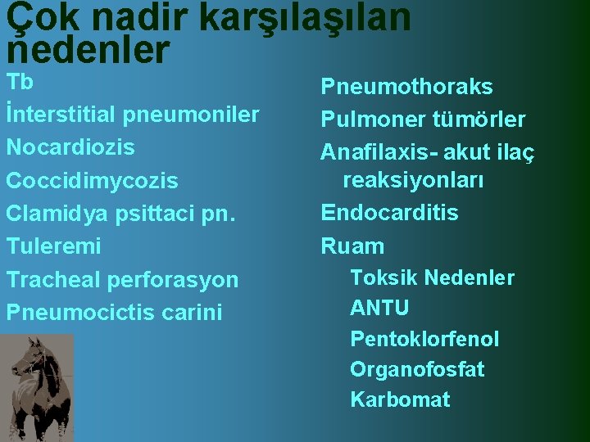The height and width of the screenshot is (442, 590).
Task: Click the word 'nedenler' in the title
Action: pyautogui.click(x=88, y=51)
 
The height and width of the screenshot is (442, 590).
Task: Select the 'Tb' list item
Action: pyautogui.click(x=19, y=83)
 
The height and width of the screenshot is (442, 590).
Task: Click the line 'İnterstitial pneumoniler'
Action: pyautogui.click(x=132, y=115)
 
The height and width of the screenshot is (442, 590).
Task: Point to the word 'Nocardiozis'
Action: pyautogui.click(x=70, y=147)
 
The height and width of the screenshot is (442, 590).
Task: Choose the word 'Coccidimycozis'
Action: pyautogui.click(x=92, y=180)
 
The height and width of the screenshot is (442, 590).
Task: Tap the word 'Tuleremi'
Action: pyautogui.click(x=54, y=246)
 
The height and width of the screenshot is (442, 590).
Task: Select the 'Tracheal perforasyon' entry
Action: pyautogui.click(x=122, y=279)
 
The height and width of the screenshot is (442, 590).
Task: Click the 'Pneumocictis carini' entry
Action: pyautogui.click(x=114, y=312)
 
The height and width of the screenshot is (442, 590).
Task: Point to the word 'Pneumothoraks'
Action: pyautogui.click(x=406, y=87)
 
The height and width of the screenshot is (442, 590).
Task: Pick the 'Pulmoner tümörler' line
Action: pyautogui.click(x=423, y=120)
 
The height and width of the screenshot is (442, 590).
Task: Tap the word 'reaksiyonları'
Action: pyautogui.click(x=413, y=180)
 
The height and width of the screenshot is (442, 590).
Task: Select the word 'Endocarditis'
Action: pyautogui.click(x=389, y=213)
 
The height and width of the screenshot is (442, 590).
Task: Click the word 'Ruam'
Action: pyautogui.click(x=352, y=246)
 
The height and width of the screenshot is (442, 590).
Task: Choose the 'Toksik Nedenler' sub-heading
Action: pyautogui.click(x=432, y=278)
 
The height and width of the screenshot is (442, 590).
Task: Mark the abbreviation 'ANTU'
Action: pyautogui.click(x=379, y=309)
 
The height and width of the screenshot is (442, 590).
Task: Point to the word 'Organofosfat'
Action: pyautogui.click(x=417, y=369)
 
